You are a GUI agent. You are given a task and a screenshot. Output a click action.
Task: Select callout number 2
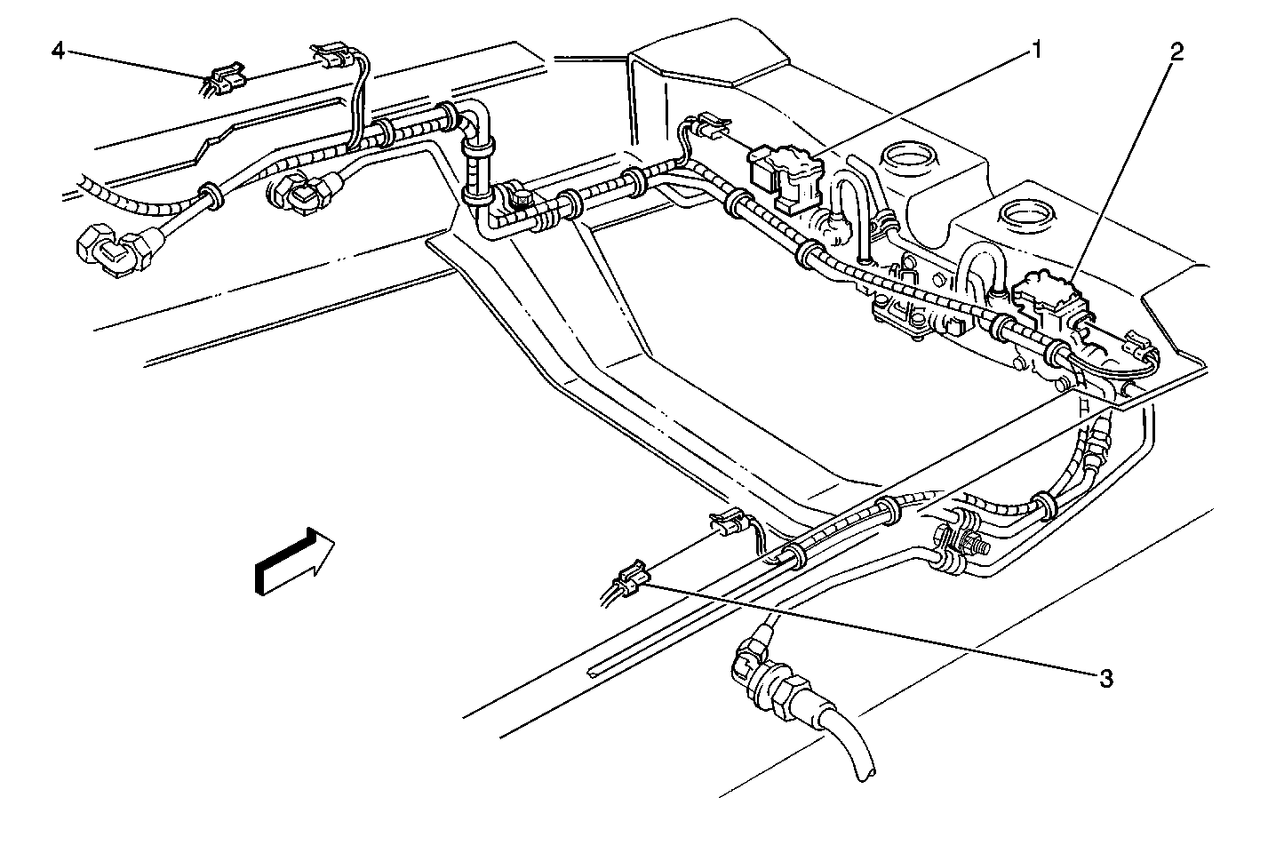(1175, 52)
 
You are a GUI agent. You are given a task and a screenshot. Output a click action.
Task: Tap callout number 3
(1105, 679)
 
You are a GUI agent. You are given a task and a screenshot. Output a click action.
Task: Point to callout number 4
(59, 51)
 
